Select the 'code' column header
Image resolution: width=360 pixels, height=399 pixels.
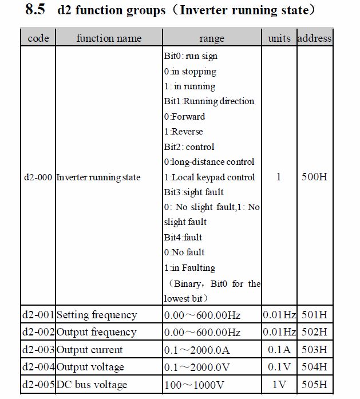click(x=38, y=38)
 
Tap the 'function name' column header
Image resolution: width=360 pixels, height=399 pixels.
click(x=109, y=38)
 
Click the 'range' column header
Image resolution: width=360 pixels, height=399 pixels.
click(x=212, y=39)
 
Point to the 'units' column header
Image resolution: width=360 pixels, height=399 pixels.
click(x=279, y=38)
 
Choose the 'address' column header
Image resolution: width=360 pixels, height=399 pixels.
click(x=314, y=38)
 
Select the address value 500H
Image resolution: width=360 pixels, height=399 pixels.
click(x=314, y=177)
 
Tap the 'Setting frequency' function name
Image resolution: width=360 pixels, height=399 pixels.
click(x=97, y=315)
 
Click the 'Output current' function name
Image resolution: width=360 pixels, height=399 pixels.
click(x=89, y=350)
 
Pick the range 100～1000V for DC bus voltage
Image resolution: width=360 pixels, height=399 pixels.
click(x=193, y=384)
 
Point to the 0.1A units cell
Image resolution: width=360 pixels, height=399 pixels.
click(x=279, y=350)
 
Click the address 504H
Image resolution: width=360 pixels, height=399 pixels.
click(x=314, y=367)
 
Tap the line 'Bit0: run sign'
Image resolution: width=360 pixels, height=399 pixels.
click(x=191, y=56)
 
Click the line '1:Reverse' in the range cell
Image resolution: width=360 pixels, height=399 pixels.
click(x=183, y=131)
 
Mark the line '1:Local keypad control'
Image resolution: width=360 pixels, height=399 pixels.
click(x=209, y=177)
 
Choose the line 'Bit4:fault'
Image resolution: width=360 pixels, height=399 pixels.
click(x=183, y=237)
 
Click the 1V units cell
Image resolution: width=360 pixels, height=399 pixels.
click(x=279, y=384)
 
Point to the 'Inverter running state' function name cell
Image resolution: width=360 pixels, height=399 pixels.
click(x=98, y=177)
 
